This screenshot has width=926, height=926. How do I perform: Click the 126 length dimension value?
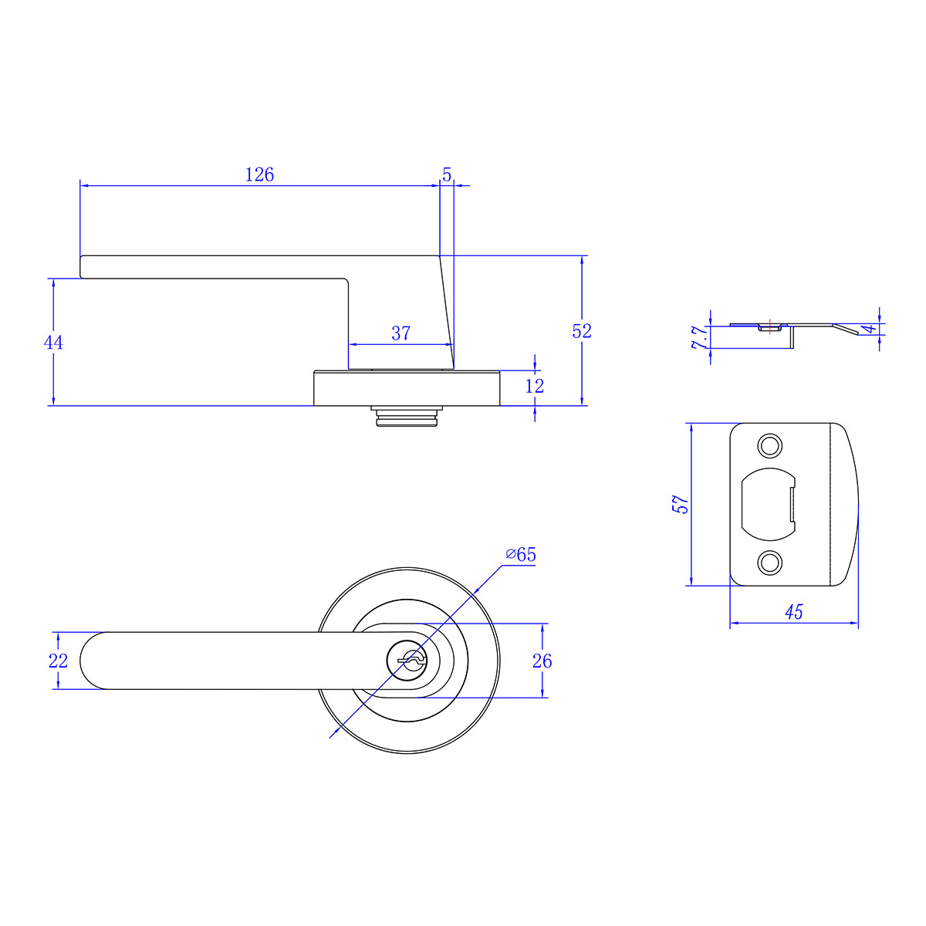point(259,175)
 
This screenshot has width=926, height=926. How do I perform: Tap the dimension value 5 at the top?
point(447,175)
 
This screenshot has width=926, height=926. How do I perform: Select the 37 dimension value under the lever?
point(400,333)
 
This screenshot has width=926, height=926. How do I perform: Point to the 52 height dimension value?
point(582,331)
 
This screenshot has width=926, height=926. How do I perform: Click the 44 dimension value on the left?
point(53,343)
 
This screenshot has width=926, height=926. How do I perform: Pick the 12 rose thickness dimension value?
point(534,386)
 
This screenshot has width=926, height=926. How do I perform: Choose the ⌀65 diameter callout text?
point(521,555)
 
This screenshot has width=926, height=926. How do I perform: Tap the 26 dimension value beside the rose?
point(542,661)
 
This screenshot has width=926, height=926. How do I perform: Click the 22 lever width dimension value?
point(58,661)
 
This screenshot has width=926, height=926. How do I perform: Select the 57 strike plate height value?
point(680,505)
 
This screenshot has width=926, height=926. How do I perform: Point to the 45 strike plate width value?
point(793,613)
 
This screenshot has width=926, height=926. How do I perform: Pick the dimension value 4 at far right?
point(870,330)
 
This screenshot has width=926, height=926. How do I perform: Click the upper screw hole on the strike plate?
point(769,446)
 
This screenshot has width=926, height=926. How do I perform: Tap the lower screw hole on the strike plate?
point(769,562)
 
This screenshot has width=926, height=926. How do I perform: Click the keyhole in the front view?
point(409,660)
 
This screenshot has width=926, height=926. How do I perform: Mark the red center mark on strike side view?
point(769,325)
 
